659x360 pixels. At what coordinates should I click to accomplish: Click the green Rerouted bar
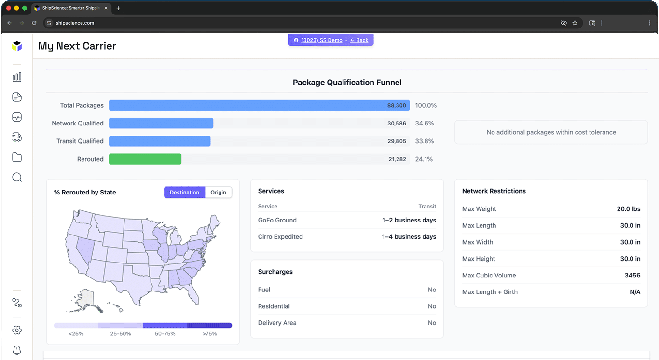(x=145, y=159)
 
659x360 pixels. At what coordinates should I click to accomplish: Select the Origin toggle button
(x=218, y=193)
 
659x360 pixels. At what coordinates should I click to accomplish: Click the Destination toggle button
(x=184, y=193)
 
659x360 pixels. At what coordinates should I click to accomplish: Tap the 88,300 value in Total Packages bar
(x=397, y=105)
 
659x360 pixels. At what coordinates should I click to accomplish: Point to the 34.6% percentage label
(x=425, y=124)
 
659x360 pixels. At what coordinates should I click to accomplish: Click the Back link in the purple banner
(x=359, y=40)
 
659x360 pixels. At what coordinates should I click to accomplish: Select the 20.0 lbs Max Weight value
(x=628, y=209)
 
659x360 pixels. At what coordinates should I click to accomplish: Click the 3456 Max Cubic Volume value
(x=632, y=276)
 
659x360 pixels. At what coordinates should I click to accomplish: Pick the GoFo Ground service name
(x=277, y=220)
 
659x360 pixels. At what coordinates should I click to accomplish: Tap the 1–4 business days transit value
(x=409, y=237)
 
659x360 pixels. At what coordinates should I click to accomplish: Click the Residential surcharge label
(x=274, y=306)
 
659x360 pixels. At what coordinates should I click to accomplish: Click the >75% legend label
(x=209, y=334)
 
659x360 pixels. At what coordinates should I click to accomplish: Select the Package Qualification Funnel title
(x=347, y=83)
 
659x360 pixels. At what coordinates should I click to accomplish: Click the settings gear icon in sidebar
(x=17, y=330)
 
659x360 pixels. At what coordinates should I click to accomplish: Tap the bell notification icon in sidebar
(x=17, y=350)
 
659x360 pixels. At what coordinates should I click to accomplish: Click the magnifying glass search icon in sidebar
(x=17, y=178)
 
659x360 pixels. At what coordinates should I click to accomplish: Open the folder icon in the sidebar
(x=17, y=157)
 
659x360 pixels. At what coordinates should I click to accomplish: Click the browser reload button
(x=34, y=23)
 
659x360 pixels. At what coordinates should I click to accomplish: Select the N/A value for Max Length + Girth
(x=635, y=292)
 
